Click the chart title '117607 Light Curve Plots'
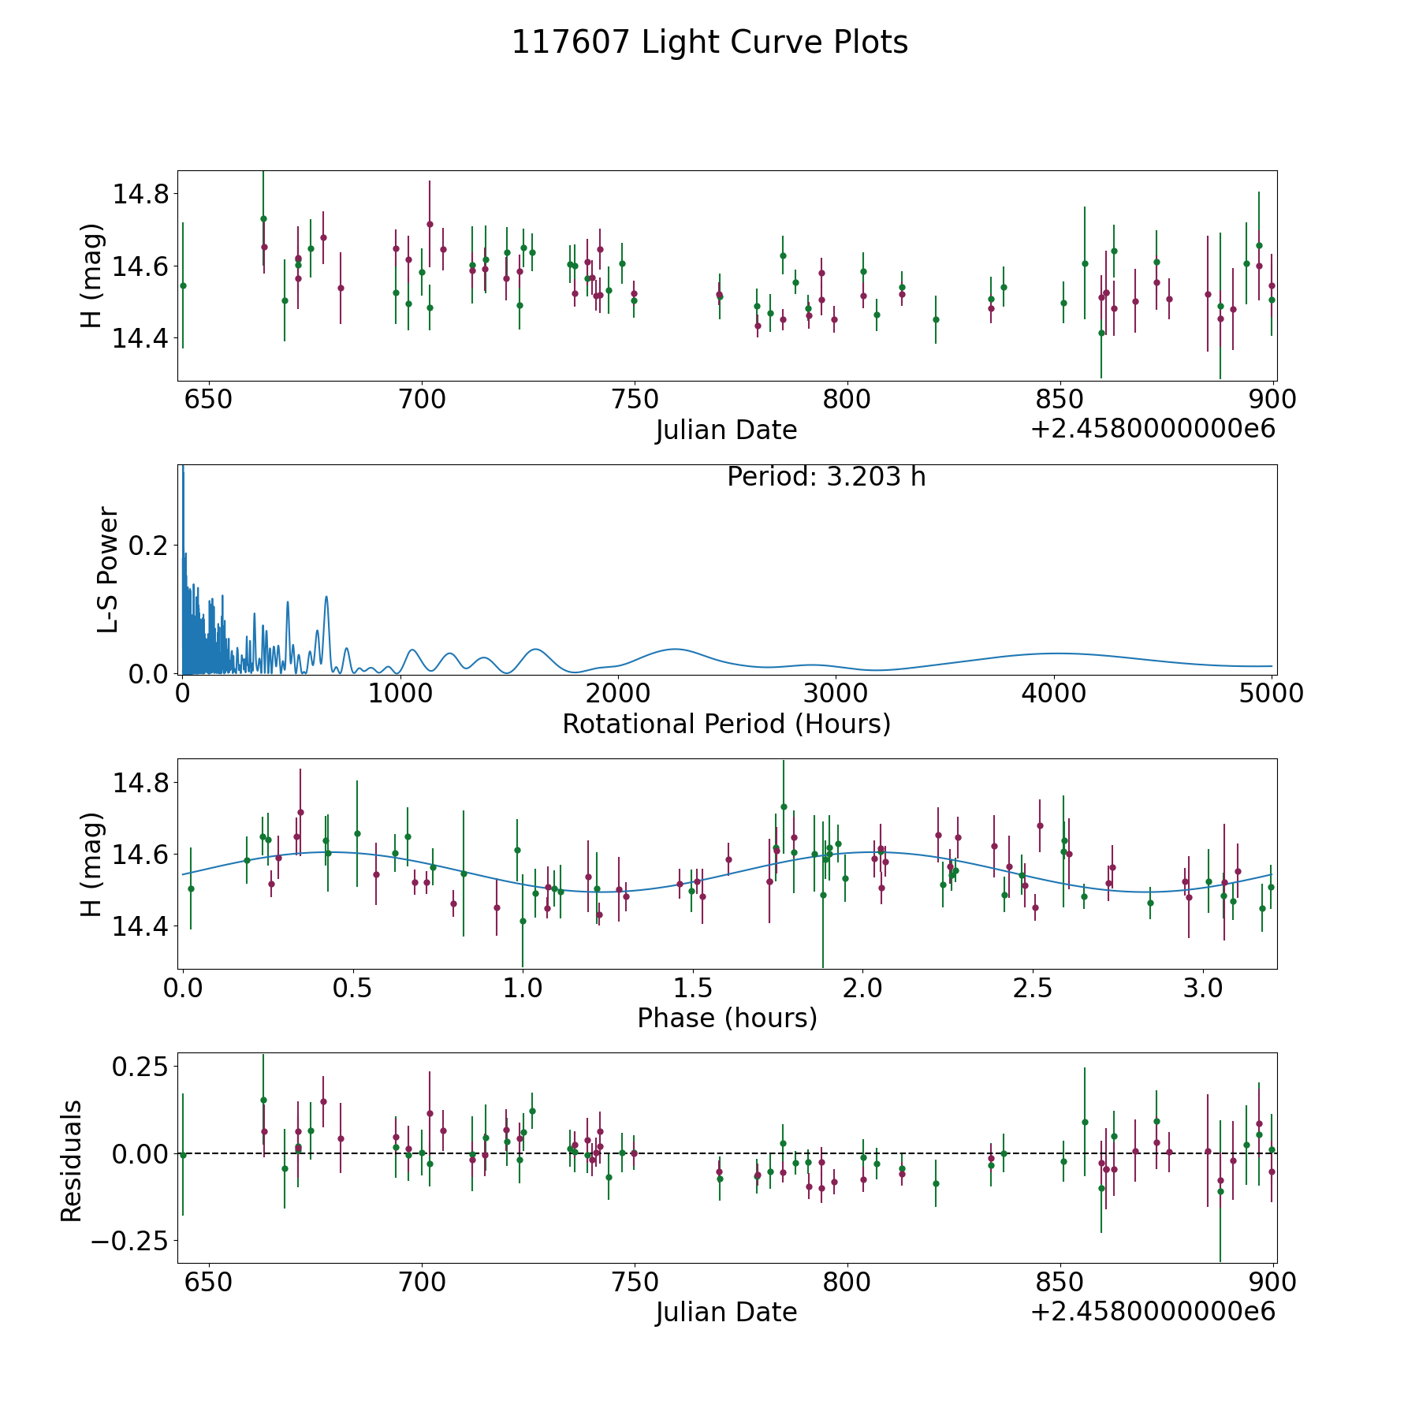click(x=709, y=43)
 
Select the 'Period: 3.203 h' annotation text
click(x=826, y=477)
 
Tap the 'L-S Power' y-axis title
click(x=109, y=570)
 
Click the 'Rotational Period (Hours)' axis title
click(x=726, y=724)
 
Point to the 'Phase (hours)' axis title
click(x=727, y=1018)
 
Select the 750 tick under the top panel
click(x=635, y=400)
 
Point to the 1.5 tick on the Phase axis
click(x=692, y=988)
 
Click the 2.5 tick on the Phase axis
click(x=1033, y=988)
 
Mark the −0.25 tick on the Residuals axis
click(x=125, y=1241)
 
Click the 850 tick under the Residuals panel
click(x=1060, y=1283)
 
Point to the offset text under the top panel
click(x=1153, y=430)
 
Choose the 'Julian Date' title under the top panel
click(x=726, y=430)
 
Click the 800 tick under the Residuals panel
click(x=847, y=1283)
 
